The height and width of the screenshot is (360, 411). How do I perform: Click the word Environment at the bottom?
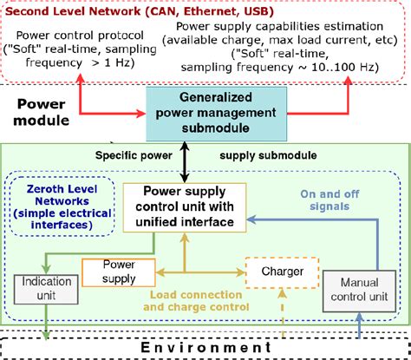pyautogui.click(x=205, y=346)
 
